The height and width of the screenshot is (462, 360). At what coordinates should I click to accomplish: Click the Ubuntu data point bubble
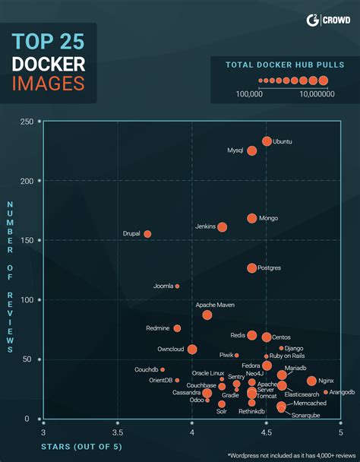pos(267,141)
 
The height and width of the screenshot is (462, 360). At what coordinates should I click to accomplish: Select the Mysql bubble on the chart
pos(252,150)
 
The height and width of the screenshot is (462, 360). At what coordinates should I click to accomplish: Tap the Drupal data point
pos(147,234)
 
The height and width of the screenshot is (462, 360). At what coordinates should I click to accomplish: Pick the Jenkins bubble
pos(223,226)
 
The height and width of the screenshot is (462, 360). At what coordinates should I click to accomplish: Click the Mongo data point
pos(252,218)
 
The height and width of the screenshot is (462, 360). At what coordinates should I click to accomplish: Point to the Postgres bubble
pos(252,267)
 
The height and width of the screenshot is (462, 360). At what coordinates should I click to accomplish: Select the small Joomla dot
pos(177,286)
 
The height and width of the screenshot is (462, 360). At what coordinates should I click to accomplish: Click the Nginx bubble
pos(311,381)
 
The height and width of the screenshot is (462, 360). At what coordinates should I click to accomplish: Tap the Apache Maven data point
pos(207,315)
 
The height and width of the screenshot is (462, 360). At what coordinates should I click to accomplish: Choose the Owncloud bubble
pos(192,350)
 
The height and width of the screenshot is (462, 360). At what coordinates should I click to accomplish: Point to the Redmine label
pos(158,328)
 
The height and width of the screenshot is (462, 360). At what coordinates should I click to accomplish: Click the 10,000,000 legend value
pos(313,94)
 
